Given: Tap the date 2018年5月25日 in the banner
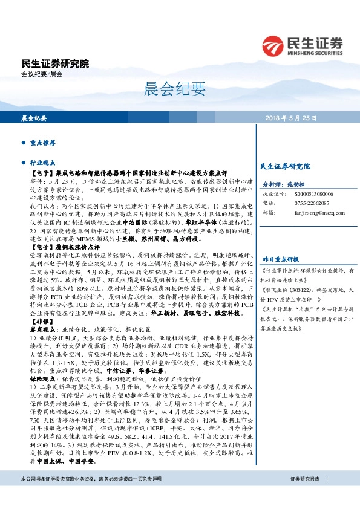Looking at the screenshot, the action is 290,119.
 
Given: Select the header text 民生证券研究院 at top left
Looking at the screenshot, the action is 54,63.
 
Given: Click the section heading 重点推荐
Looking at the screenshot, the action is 42,143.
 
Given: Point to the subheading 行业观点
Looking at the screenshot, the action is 42,163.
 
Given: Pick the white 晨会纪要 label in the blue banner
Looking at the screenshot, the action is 34,119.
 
